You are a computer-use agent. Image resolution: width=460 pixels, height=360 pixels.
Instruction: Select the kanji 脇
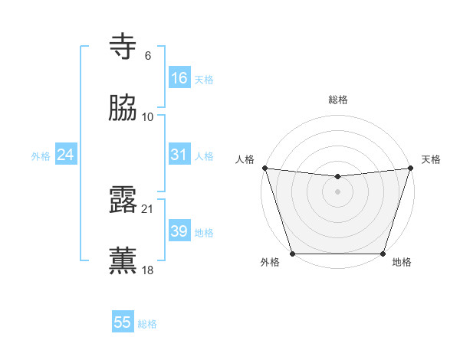(x=123, y=108)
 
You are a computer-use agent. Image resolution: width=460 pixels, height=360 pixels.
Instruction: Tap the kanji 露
(x=123, y=200)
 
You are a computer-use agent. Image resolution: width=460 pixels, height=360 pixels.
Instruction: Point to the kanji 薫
(x=123, y=260)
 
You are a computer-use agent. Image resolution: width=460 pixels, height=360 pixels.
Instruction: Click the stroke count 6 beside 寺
(x=148, y=56)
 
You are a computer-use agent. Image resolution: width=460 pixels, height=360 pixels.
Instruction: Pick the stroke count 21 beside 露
(x=148, y=208)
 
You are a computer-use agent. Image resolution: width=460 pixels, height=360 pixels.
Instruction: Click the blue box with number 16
(x=179, y=78)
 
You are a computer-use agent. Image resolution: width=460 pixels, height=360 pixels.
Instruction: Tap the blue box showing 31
(x=179, y=155)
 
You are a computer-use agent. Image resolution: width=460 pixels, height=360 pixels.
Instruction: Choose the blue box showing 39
(x=179, y=231)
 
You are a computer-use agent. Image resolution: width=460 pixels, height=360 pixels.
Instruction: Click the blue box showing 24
(x=65, y=155)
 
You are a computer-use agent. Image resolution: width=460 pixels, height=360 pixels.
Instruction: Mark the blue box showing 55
(x=122, y=322)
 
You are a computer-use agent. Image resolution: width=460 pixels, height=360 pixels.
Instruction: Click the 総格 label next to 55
(x=147, y=324)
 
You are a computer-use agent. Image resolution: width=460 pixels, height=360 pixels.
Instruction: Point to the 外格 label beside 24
(x=41, y=156)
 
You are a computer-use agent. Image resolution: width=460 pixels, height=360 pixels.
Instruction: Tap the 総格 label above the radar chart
(x=338, y=100)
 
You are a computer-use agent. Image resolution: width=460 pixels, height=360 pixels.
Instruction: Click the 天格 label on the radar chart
(x=431, y=159)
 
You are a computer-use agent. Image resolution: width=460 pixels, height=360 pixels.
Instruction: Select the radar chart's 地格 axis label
(x=402, y=263)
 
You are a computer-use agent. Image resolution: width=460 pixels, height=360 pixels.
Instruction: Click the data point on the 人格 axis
(x=265, y=168)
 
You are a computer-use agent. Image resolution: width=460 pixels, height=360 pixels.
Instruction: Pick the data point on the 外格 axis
(x=293, y=253)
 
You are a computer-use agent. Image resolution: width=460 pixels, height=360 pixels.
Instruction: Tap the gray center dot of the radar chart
(x=337, y=191)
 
